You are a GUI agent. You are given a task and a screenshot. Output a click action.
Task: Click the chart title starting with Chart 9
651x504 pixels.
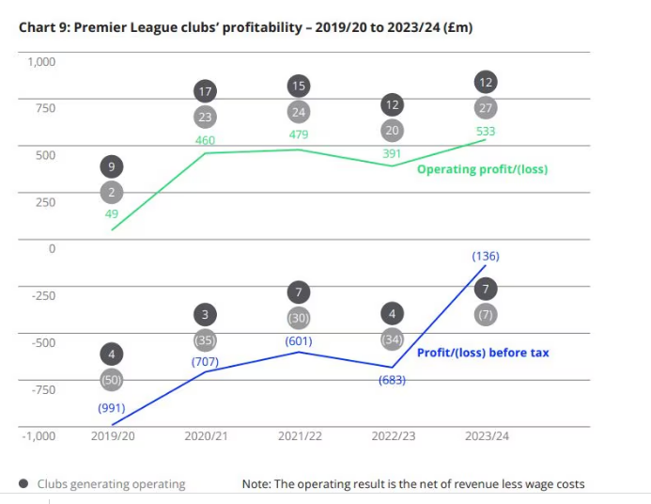(245, 27)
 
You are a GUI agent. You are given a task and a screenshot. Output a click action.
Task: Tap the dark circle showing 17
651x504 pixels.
(205, 91)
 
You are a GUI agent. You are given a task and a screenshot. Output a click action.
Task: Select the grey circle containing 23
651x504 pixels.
(205, 118)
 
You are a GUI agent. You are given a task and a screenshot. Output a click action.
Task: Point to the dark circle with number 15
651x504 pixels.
(299, 87)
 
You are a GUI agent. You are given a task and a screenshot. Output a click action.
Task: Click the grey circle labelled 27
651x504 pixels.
(486, 107)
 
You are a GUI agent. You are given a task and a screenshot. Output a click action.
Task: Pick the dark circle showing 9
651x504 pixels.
(112, 167)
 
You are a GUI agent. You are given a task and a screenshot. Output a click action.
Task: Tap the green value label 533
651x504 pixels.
(486, 132)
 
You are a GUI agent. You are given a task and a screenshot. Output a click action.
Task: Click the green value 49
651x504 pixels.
(112, 214)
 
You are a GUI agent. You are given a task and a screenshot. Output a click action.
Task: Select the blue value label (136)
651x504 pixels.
(486, 256)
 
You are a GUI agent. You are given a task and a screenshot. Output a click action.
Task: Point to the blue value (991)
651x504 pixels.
(112, 408)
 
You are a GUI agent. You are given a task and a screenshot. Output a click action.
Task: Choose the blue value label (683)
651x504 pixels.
(392, 380)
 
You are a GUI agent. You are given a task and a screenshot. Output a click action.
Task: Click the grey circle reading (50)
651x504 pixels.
(112, 380)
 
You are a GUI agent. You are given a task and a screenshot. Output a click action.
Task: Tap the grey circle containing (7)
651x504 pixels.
(486, 315)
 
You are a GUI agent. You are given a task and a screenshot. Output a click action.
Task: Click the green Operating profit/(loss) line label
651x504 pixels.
(482, 170)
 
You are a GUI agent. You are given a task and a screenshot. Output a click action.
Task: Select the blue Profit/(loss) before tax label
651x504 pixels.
(483, 353)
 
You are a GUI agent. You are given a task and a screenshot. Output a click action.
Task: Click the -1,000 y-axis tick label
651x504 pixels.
(39, 436)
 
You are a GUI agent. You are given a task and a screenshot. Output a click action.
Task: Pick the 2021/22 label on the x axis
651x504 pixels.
(299, 436)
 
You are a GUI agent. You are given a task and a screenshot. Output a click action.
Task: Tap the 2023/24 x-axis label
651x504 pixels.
(486, 436)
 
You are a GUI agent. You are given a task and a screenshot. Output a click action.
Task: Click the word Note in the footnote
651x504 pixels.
(256, 484)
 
